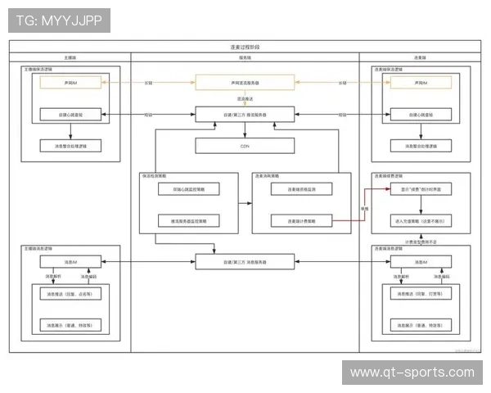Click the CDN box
coord(245,146)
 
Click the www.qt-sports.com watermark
coord(412,373)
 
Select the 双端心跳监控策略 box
coord(189,189)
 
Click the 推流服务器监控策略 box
coord(189,220)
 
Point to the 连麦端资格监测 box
coord(301,189)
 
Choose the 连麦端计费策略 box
coord(301,220)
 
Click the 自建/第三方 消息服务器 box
coord(245,262)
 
